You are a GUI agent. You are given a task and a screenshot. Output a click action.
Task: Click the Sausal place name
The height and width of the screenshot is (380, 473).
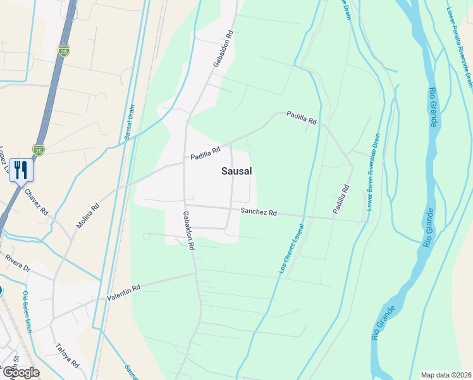[237, 171]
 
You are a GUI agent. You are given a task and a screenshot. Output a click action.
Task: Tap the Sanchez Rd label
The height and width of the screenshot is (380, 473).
[258, 213]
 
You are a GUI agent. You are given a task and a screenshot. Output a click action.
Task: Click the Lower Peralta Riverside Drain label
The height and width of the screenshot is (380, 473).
[460, 47]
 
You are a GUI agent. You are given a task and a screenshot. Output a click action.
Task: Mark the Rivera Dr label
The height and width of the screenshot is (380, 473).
[18, 262]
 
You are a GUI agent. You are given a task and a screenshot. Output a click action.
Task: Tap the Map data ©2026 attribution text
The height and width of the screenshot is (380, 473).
[446, 374]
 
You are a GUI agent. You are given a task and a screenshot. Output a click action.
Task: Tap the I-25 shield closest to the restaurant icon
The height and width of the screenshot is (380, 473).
[39, 149]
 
